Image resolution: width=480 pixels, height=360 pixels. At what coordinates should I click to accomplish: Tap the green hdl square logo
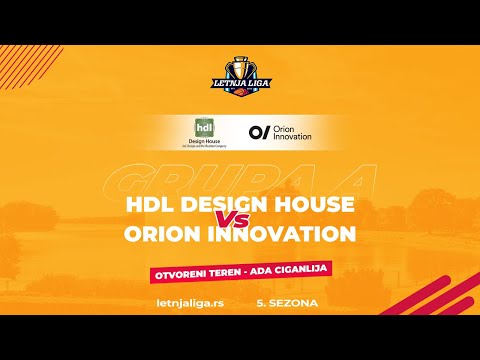(203, 129)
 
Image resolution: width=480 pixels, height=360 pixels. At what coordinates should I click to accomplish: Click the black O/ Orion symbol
(259, 131)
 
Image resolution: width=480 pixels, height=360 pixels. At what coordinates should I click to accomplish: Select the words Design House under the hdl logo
(203, 142)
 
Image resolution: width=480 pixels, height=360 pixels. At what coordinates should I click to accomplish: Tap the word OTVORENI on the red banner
(181, 272)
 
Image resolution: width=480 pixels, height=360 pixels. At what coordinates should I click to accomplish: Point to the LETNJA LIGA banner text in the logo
(239, 84)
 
